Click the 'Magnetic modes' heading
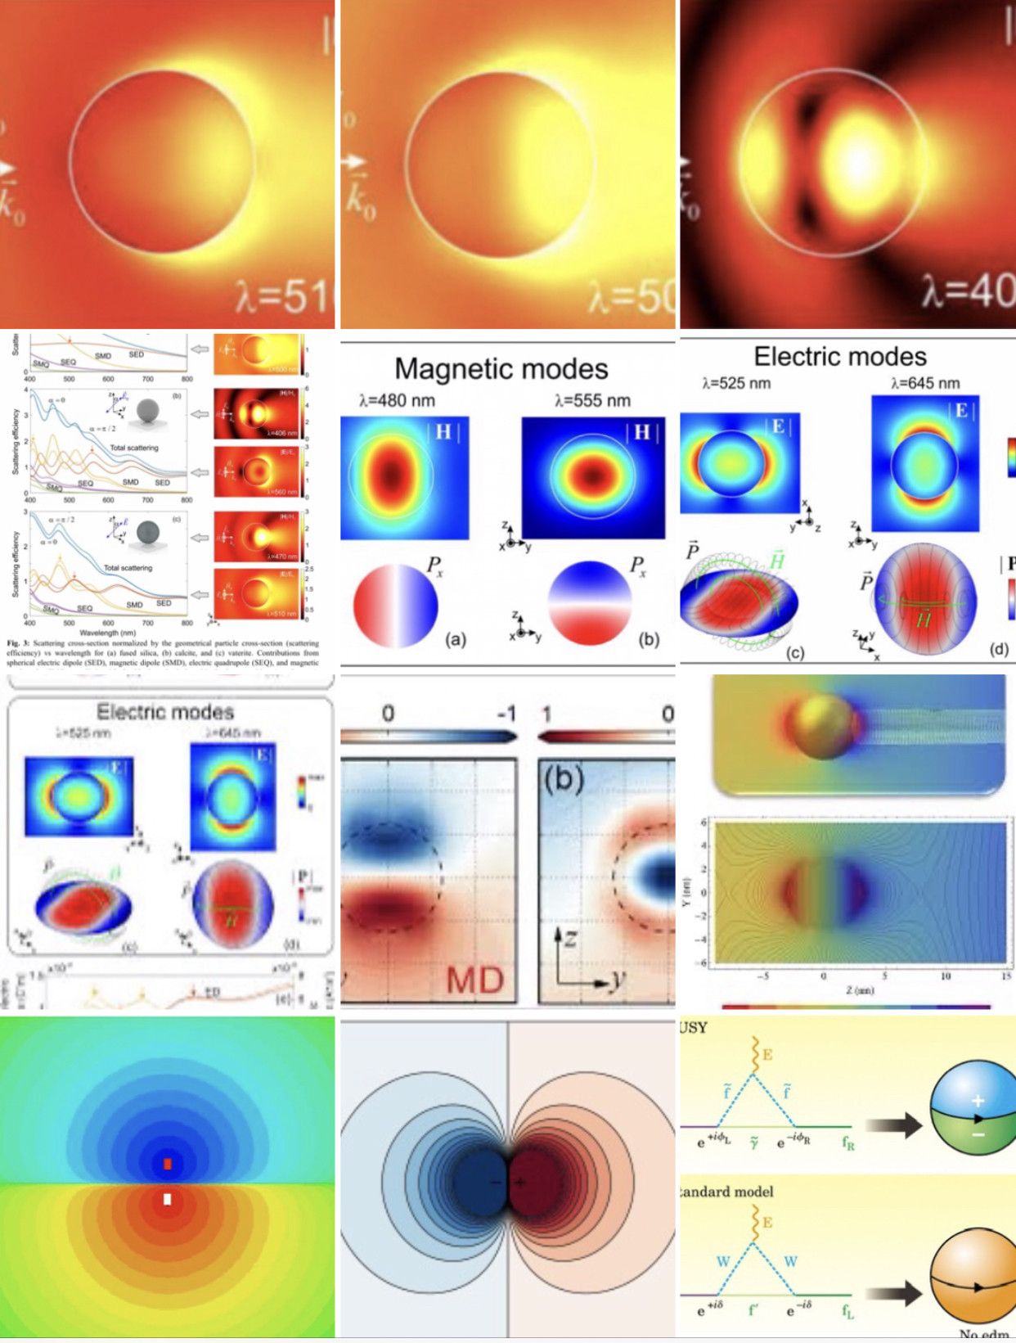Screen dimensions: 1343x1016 pos(501,369)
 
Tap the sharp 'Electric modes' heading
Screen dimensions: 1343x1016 pos(840,357)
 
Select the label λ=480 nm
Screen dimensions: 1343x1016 pos(397,401)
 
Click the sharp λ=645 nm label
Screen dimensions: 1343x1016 pos(925,383)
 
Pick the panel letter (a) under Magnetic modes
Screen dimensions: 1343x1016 pos(456,639)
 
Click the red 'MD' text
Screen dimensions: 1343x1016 pos(475,980)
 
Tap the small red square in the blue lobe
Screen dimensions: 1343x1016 pos(168,1164)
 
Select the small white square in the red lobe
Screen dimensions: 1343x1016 pos(168,1200)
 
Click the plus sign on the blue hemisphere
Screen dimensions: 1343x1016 pos(978,1101)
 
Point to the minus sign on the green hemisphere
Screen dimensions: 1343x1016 pos(978,1135)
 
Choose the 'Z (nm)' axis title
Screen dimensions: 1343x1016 pos(859,990)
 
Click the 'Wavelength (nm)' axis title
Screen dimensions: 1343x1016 pos(108,633)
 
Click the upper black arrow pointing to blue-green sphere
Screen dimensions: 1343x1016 pos(893,1126)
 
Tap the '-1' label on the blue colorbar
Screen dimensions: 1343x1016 pos(506,714)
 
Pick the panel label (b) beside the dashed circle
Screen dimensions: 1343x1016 pos(564,779)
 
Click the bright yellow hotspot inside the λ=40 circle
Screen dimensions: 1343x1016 pos(861,160)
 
